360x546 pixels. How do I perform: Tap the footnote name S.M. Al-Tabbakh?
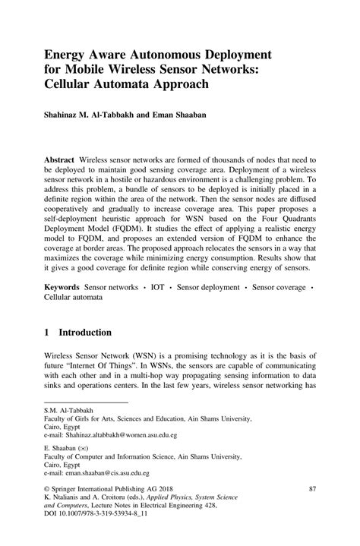pos(66,409)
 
